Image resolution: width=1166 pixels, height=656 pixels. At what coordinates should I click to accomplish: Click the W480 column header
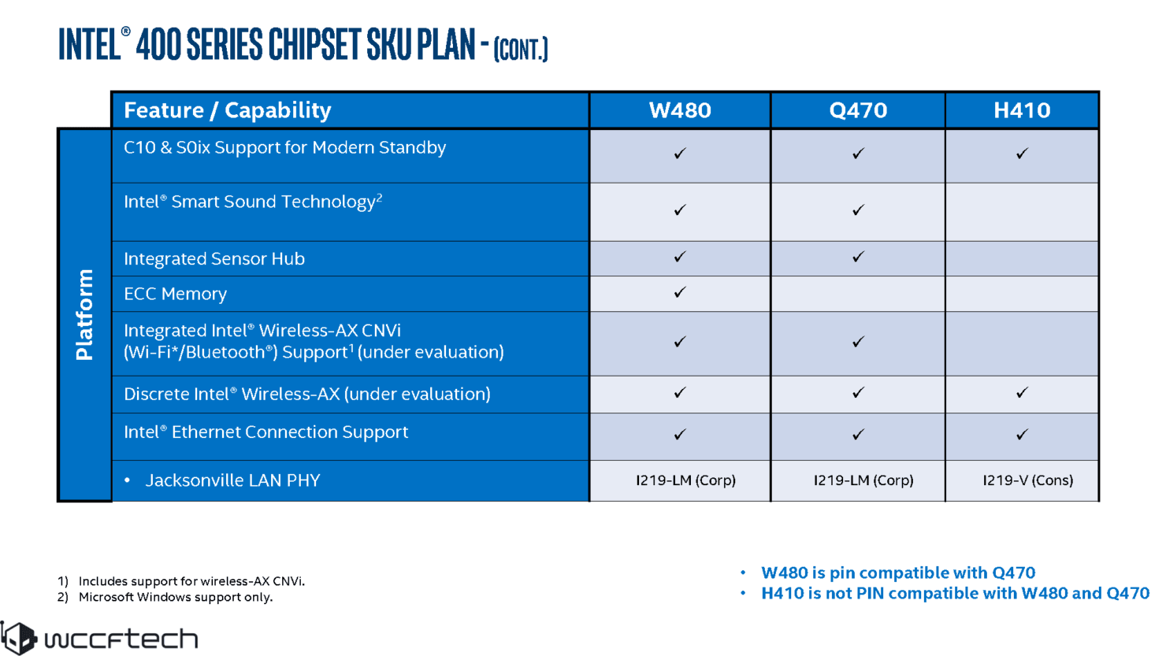pos(680,110)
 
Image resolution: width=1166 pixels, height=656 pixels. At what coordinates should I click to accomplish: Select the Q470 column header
pos(858,110)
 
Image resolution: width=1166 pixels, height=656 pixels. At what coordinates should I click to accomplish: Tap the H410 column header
pos(1022,110)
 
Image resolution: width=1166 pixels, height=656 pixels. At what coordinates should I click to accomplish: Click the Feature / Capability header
pos(228,110)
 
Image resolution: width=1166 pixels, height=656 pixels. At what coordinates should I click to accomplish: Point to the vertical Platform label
pos(84,315)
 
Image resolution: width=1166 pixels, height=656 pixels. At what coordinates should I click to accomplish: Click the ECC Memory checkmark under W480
pos(680,292)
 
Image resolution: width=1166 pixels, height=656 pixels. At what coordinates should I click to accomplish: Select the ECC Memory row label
pos(176,294)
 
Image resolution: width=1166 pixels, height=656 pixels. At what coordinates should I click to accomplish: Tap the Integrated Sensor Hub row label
pos(214,258)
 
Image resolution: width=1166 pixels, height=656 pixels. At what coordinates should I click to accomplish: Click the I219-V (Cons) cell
pos(1027,480)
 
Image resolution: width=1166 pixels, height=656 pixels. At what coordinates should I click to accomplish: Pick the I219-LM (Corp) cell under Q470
pos(863,480)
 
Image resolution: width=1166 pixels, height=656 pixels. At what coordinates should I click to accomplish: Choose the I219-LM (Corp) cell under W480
pos(685,480)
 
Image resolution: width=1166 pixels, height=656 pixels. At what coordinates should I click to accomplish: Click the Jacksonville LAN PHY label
pos(232,480)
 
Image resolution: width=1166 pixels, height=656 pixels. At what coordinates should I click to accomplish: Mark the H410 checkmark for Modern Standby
pos(1023,154)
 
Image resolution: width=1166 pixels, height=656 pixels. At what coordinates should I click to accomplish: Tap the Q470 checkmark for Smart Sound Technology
pos(859,210)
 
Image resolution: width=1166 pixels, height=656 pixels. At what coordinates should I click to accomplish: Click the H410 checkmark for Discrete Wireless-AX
pos(1023,392)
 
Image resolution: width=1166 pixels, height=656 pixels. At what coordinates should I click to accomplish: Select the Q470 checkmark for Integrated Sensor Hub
pos(859,257)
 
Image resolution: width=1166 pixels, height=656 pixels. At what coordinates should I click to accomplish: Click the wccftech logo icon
pos(19,638)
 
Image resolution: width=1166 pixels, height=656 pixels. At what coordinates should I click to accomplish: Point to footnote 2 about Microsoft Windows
pos(165,597)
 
